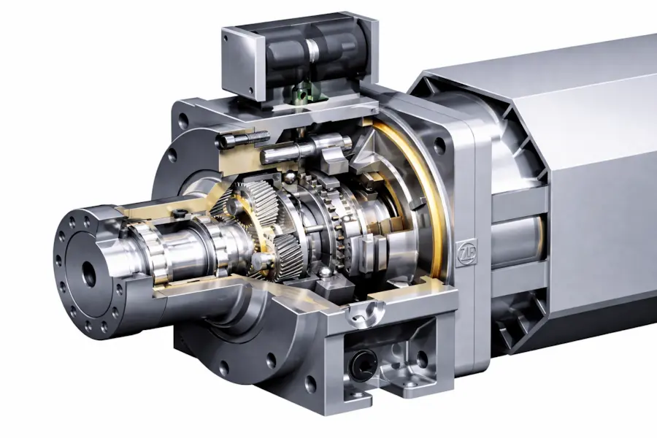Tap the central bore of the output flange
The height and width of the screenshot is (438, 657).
89,274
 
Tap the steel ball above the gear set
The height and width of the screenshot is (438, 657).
288,179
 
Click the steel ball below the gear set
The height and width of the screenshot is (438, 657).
326,275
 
